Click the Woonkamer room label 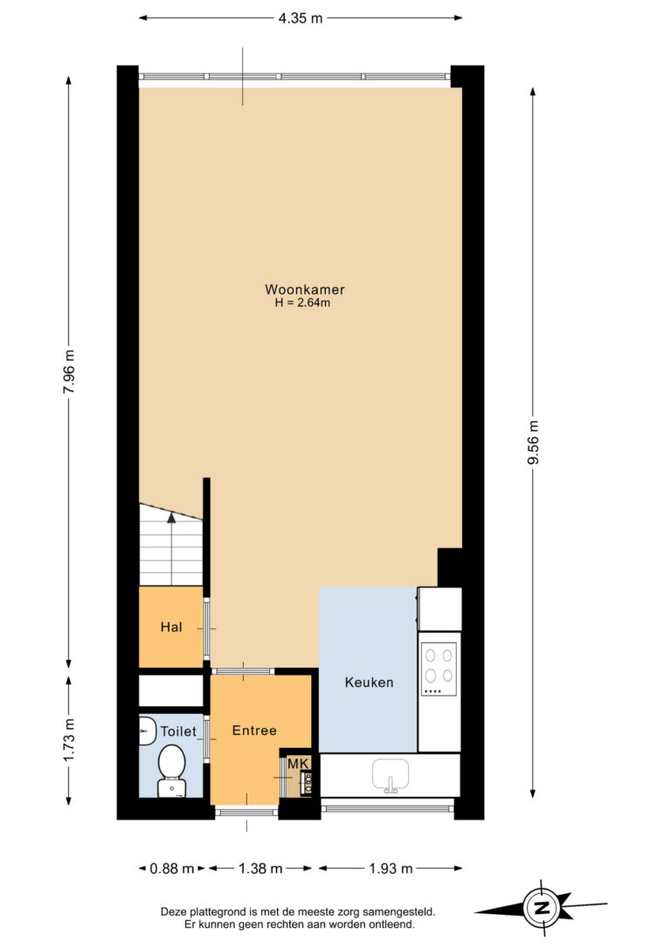click(304, 289)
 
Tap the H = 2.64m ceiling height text click(302, 302)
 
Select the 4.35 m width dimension click(301, 18)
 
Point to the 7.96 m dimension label click(68, 371)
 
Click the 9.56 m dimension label click(532, 442)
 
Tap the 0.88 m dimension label click(172, 869)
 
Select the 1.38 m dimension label click(260, 869)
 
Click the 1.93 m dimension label click(391, 869)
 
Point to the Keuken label click(369, 682)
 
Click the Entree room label click(254, 731)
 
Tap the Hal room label click(171, 627)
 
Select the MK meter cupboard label click(298, 764)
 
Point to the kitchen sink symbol click(391, 775)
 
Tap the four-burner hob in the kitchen click(439, 668)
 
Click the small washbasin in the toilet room click(146, 731)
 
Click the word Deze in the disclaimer click(173, 911)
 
